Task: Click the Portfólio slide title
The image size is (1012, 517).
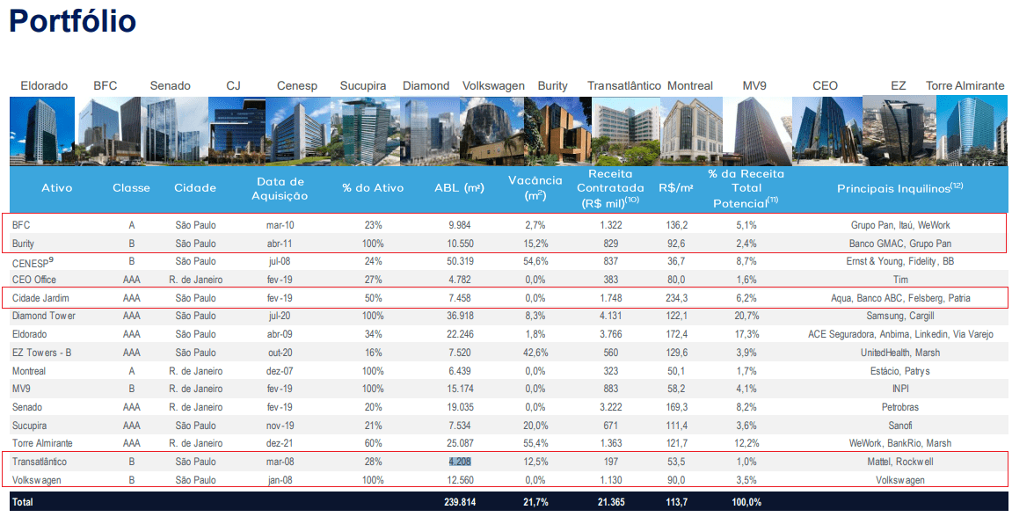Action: coord(72,21)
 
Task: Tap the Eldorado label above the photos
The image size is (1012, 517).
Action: coord(44,86)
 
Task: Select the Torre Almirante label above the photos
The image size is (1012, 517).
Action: coord(965,86)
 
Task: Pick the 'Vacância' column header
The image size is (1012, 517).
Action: coord(535,187)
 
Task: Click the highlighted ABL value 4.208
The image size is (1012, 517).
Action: coord(466,462)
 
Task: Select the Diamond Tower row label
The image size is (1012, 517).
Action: coord(44,316)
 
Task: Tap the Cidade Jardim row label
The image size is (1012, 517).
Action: coord(41,298)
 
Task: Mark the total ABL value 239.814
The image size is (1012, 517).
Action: coord(466,501)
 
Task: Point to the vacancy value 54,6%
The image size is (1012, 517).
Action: coord(535,261)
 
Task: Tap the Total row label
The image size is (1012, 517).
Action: coord(23,501)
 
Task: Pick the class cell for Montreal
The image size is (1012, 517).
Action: coord(131,371)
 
